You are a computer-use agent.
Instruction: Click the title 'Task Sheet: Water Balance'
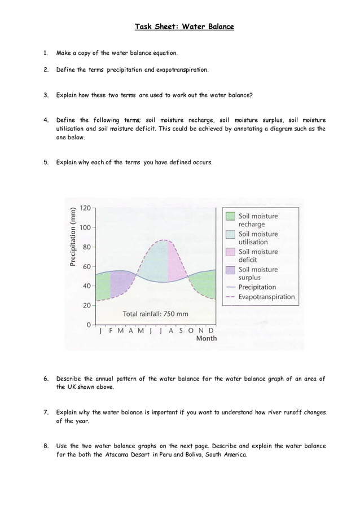(184, 27)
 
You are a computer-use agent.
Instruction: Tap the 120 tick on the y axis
(85, 208)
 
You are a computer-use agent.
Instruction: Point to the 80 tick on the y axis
(86, 247)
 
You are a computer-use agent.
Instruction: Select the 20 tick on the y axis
(86, 305)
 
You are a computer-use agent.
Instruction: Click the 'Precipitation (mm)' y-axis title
(73, 237)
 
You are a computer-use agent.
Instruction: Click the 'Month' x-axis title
(206, 339)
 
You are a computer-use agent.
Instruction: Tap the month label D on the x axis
(210, 331)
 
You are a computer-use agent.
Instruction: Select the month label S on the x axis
(181, 331)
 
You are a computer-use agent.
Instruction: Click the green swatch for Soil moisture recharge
(230, 216)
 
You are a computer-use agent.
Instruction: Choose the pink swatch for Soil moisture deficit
(230, 252)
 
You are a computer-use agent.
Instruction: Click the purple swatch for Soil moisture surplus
(230, 270)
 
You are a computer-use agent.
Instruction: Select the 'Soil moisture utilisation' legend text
(258, 238)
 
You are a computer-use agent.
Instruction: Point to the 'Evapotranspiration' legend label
(266, 296)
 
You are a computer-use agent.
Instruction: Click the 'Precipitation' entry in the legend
(257, 287)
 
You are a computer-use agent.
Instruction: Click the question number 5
(46, 163)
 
